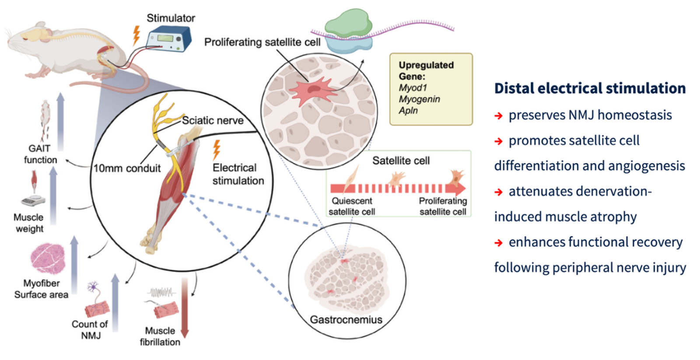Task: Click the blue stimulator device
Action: point(169,39)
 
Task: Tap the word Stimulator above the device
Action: point(171,18)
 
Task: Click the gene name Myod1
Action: point(413,88)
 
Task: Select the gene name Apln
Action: point(408,111)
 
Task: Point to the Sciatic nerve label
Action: point(213,120)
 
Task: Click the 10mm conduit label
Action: point(127,168)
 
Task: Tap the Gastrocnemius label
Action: point(346,320)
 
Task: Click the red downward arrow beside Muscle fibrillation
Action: point(185,308)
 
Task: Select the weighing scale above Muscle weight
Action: point(33,200)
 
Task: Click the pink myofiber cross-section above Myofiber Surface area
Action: point(48,259)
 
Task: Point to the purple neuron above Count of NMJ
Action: point(92,287)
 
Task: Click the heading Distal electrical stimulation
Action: point(590,88)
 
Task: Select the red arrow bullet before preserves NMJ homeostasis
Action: point(498,116)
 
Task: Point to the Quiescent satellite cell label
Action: point(352,206)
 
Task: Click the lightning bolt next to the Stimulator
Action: point(136,35)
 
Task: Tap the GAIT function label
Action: point(40,154)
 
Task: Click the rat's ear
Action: point(40,24)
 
